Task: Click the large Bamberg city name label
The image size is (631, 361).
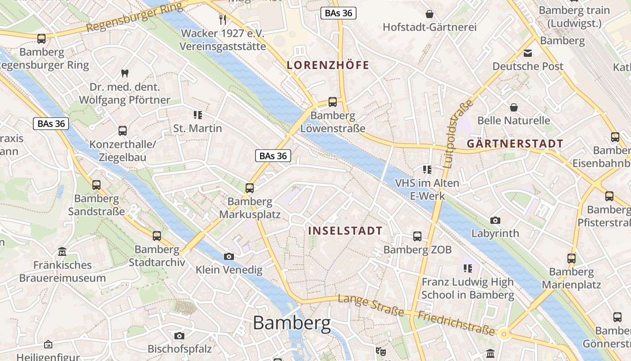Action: [x=292, y=323]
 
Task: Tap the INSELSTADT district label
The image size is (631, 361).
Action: [x=345, y=231]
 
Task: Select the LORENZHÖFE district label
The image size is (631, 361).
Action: [x=328, y=65]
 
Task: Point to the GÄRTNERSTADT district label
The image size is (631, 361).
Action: [x=515, y=144]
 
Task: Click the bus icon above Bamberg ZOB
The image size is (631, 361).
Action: [x=417, y=236]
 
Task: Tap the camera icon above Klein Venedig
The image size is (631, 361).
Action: [x=229, y=256]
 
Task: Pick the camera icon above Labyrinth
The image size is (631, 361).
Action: [x=495, y=220]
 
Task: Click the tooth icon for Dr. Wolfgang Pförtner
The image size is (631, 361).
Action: [x=125, y=73]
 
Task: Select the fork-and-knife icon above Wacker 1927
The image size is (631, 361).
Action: [x=222, y=19]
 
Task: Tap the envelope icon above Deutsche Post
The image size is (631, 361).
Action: [x=528, y=53]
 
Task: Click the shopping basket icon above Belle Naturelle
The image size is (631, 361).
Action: [x=513, y=107]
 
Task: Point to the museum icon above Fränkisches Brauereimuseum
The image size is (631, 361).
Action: [x=63, y=251]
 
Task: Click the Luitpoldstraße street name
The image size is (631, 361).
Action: [x=459, y=134]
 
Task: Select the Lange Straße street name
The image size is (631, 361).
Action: [x=370, y=305]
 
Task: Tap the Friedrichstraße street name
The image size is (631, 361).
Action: [x=456, y=323]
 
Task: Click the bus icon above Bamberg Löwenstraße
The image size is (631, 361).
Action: [x=333, y=102]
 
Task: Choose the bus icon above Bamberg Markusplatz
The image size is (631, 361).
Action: [x=250, y=188]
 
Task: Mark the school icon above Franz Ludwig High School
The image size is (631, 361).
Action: [x=467, y=268]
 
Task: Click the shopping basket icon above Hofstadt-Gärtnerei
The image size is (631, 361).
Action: [x=430, y=14]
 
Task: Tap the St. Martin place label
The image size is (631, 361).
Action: [x=198, y=129]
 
